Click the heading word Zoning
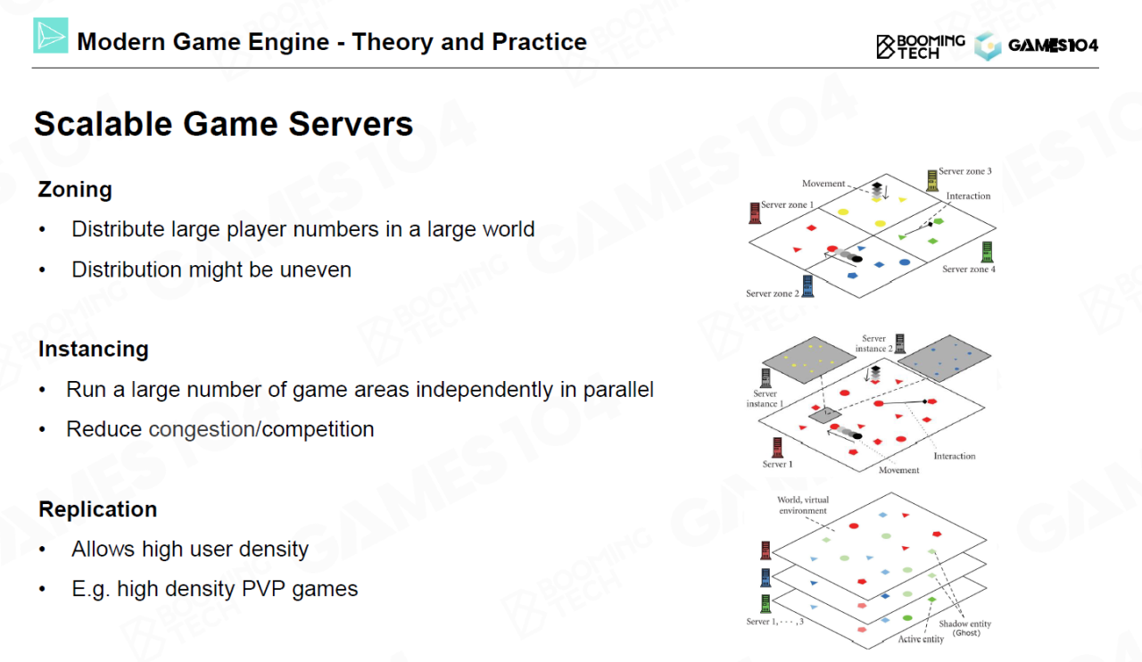[x=75, y=189]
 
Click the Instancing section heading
[x=93, y=349]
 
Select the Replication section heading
[x=97, y=509]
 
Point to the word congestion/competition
[x=261, y=429]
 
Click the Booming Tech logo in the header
[x=920, y=46]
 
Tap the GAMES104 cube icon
[x=988, y=46]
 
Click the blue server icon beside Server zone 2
[x=808, y=285]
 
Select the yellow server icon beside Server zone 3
[x=932, y=180]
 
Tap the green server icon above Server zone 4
[x=987, y=252]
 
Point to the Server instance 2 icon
[x=900, y=343]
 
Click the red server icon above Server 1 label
[x=775, y=447]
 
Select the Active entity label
[x=921, y=639]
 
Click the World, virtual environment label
[x=802, y=505]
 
